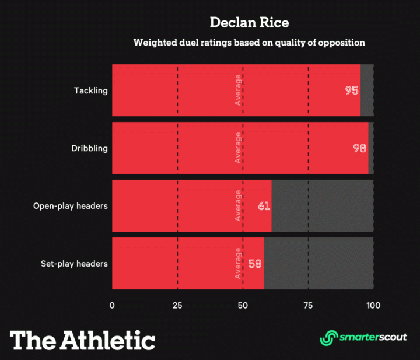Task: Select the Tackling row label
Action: pyautogui.click(x=90, y=90)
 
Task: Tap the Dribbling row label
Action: pyautogui.click(x=89, y=148)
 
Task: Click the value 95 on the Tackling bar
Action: pyautogui.click(x=351, y=90)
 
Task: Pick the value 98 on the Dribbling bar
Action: pyautogui.click(x=359, y=148)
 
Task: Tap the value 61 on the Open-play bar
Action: pyautogui.click(x=264, y=206)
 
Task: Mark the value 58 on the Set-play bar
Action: pyautogui.click(x=255, y=263)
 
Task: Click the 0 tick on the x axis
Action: pyautogui.click(x=112, y=305)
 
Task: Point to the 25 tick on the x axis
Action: pyautogui.click(x=177, y=305)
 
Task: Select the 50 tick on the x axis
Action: pyautogui.click(x=243, y=305)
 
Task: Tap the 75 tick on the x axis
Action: pyautogui.click(x=308, y=305)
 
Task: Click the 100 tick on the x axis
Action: pyautogui.click(x=373, y=305)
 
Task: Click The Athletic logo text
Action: pyautogui.click(x=82, y=340)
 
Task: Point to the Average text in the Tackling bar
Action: pyautogui.click(x=238, y=90)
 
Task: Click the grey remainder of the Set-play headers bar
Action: pyautogui.click(x=318, y=263)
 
